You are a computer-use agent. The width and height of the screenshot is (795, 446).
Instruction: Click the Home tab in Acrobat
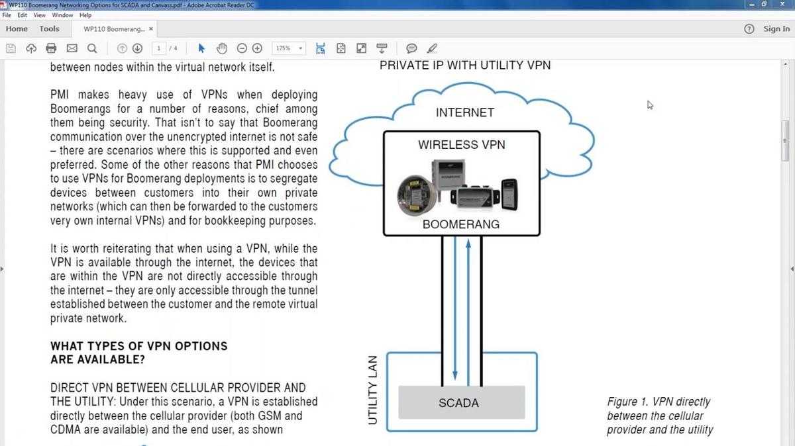tap(17, 29)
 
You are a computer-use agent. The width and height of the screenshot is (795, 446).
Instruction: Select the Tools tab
tap(49, 29)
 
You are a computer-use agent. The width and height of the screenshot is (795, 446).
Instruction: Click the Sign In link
tap(776, 29)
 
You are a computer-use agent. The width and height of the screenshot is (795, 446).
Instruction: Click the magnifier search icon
tap(92, 48)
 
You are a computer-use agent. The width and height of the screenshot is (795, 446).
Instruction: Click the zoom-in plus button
tap(258, 48)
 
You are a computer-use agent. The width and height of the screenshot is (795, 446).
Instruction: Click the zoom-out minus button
tap(242, 48)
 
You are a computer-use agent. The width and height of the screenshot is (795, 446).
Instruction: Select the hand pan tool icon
tap(222, 48)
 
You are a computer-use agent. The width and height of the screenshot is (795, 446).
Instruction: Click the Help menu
tap(85, 15)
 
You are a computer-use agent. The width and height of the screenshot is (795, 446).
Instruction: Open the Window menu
tap(62, 15)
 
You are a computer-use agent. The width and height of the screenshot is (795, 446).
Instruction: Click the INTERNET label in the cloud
tap(464, 112)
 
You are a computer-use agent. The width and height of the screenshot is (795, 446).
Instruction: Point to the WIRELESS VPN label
tap(461, 144)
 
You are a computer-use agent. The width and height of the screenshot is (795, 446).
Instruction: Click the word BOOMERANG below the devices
tap(461, 224)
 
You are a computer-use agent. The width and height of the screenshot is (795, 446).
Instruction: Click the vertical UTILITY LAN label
tap(372, 390)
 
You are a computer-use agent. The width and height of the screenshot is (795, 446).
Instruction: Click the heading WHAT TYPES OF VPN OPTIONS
tap(138, 346)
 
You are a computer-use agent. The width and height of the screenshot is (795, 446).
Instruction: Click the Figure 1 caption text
tap(659, 416)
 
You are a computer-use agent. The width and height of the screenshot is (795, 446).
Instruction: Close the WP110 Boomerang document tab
tap(151, 29)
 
